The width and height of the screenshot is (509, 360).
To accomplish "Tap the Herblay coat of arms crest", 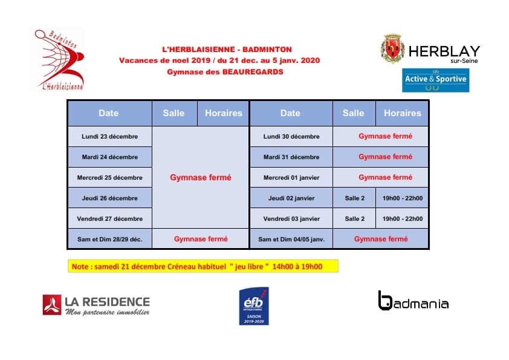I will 392,49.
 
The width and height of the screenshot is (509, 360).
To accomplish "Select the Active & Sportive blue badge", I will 436,79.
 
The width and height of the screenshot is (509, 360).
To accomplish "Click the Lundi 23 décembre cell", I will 109,137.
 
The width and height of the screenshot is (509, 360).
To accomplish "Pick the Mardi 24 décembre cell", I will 109,157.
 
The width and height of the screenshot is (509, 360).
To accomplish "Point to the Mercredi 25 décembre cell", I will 109,178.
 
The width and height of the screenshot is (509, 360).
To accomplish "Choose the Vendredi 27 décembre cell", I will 109,218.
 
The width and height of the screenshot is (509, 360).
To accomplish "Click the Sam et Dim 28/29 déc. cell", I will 109,239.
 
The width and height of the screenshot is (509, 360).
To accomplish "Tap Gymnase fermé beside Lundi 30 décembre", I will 385,137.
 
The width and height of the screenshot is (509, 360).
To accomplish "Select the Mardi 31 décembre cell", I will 291,157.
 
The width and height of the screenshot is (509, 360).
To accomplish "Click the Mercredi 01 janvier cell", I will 291,178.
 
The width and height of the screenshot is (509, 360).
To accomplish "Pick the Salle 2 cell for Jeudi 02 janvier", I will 354,198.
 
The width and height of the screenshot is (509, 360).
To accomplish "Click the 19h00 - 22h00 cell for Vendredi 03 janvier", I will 402,219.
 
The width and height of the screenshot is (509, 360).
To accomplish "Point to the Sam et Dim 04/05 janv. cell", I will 291,240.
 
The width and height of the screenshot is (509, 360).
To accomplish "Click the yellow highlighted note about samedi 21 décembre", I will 203,266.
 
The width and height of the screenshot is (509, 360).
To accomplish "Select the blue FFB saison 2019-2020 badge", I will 254,306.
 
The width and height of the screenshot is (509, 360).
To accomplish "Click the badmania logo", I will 413,301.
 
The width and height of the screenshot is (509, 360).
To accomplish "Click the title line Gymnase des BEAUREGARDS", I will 225,71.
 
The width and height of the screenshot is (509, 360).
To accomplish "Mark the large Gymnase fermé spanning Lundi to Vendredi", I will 200,178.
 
